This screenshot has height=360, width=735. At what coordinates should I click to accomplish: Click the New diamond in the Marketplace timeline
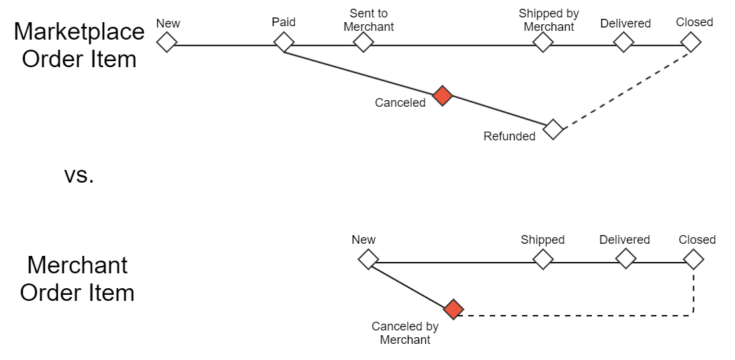point(167,42)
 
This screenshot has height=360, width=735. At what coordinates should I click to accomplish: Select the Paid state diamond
point(284,42)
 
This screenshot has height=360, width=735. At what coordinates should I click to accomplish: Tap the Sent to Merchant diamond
point(363,42)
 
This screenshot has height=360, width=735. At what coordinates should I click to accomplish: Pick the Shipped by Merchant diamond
point(543,42)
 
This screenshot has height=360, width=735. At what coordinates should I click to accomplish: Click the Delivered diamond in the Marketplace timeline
point(624,42)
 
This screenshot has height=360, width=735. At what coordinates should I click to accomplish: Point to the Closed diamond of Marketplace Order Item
point(691,42)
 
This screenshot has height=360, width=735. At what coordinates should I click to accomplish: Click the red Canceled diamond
point(442,96)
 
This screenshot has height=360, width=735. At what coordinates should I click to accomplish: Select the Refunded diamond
point(553,129)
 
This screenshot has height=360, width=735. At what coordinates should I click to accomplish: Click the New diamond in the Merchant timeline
point(368,259)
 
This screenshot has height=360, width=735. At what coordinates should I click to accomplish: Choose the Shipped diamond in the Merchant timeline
point(543,259)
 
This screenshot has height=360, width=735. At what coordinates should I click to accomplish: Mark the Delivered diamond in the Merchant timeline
point(625,259)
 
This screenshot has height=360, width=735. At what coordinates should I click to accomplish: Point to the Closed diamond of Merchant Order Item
point(693,259)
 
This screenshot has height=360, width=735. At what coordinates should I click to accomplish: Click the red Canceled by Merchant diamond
point(453,309)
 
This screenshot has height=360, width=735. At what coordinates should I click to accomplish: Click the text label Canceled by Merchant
point(405,333)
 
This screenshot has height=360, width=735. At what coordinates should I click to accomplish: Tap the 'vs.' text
point(79,175)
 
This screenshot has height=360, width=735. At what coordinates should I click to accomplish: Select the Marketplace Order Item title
point(79,45)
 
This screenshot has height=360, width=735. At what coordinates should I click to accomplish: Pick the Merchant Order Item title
point(77,279)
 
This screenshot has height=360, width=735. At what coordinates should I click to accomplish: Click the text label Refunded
point(509,136)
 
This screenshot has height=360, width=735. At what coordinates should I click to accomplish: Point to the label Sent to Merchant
point(368,20)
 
